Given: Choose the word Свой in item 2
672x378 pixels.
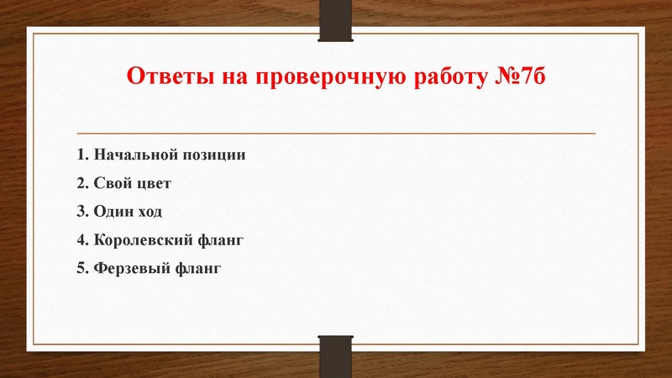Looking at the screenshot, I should coord(113,182).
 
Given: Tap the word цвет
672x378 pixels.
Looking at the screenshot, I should coord(156,182).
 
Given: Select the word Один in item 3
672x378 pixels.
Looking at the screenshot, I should coord(113,211).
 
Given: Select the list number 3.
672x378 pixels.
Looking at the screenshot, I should coord(81,211).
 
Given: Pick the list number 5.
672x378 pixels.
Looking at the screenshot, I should coord(81,268).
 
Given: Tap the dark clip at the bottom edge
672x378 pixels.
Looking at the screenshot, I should coord(335,355).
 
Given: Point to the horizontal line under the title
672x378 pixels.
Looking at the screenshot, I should coord(336,134).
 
